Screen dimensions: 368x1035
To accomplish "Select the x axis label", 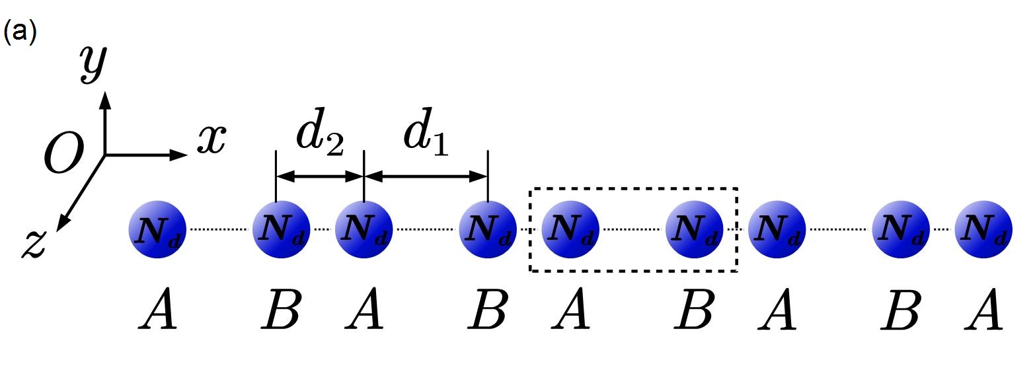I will point(211,139).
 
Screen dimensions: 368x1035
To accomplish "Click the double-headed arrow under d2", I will point(319,176).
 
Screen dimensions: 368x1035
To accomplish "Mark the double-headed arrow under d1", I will point(426,176).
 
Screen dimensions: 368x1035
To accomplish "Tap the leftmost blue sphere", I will point(157,229).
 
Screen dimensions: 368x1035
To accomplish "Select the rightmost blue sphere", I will point(983,229).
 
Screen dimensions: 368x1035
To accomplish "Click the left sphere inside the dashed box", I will point(570,229).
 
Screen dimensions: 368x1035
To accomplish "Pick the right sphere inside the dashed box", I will point(693,229).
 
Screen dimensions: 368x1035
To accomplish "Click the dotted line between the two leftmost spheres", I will point(219,229).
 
